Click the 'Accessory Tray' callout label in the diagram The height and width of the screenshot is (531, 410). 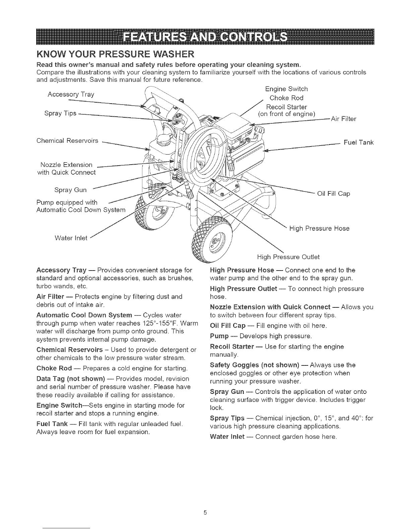coord(71,95)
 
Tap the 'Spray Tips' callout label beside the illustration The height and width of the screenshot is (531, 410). coord(60,113)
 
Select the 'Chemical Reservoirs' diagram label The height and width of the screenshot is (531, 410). coord(67,141)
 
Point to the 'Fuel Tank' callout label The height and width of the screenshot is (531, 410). coord(358,142)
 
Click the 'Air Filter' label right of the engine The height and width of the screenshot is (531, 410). coord(344,119)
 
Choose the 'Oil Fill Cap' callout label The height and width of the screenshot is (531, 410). coord(334,194)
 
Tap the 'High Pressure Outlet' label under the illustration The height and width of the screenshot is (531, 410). coord(288,257)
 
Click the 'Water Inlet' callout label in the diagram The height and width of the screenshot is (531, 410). coord(71,238)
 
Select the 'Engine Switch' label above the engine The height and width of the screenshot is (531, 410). coord(286,89)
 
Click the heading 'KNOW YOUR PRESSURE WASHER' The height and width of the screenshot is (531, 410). coord(115,54)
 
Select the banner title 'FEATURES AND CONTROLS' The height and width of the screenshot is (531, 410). coord(205,37)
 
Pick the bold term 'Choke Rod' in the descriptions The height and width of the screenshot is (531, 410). coord(54,368)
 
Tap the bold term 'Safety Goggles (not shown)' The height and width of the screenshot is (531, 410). coord(255,365)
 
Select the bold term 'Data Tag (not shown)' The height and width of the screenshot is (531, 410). coord(71,379)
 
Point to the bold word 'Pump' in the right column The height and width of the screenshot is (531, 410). coord(219,336)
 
